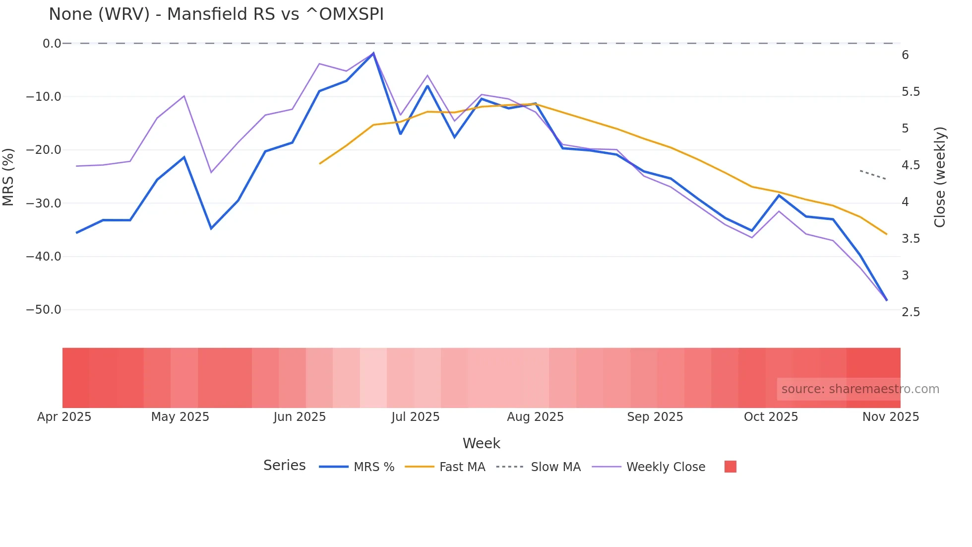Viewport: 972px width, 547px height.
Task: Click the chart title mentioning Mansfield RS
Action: [216, 14]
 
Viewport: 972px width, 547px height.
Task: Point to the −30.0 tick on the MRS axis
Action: [44, 204]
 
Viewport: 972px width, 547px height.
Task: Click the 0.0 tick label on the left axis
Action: [52, 44]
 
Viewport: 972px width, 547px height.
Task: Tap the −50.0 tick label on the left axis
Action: [44, 310]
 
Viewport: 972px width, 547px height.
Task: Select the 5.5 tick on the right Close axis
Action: [911, 92]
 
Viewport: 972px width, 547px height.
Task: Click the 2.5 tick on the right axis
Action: [911, 312]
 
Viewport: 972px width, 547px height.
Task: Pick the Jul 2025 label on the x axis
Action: [416, 417]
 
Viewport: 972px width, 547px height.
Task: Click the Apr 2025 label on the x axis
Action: [64, 417]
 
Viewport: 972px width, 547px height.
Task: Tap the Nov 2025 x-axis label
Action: [891, 417]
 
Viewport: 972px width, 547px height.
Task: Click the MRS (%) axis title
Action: [8, 177]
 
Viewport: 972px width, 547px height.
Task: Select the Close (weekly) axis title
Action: [940, 177]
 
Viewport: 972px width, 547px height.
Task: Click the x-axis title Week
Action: [481, 443]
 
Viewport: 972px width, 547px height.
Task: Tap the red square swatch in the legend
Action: [730, 467]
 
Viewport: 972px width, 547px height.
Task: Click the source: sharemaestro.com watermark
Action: [860, 389]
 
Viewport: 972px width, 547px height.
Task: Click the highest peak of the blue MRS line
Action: [373, 53]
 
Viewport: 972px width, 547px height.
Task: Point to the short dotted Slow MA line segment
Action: [873, 175]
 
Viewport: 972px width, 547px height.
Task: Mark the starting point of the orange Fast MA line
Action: [320, 163]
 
